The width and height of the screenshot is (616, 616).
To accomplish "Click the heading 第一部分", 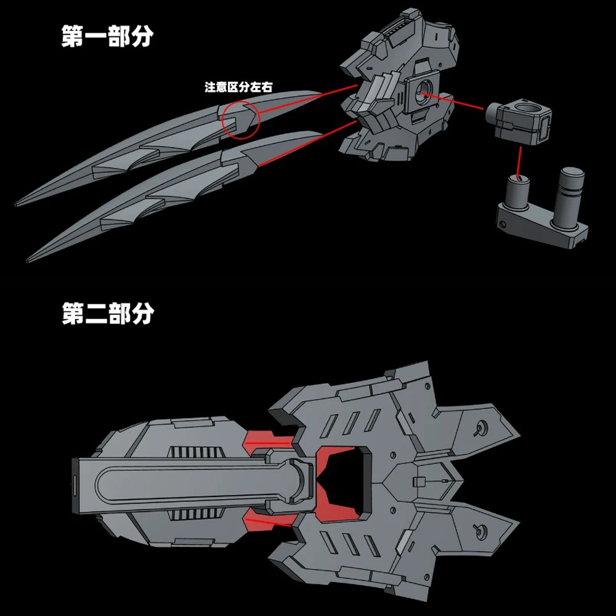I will point(107,37).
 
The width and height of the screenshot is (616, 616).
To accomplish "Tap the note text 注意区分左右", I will point(238,87).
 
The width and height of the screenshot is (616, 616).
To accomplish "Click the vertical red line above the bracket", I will point(519,158).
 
